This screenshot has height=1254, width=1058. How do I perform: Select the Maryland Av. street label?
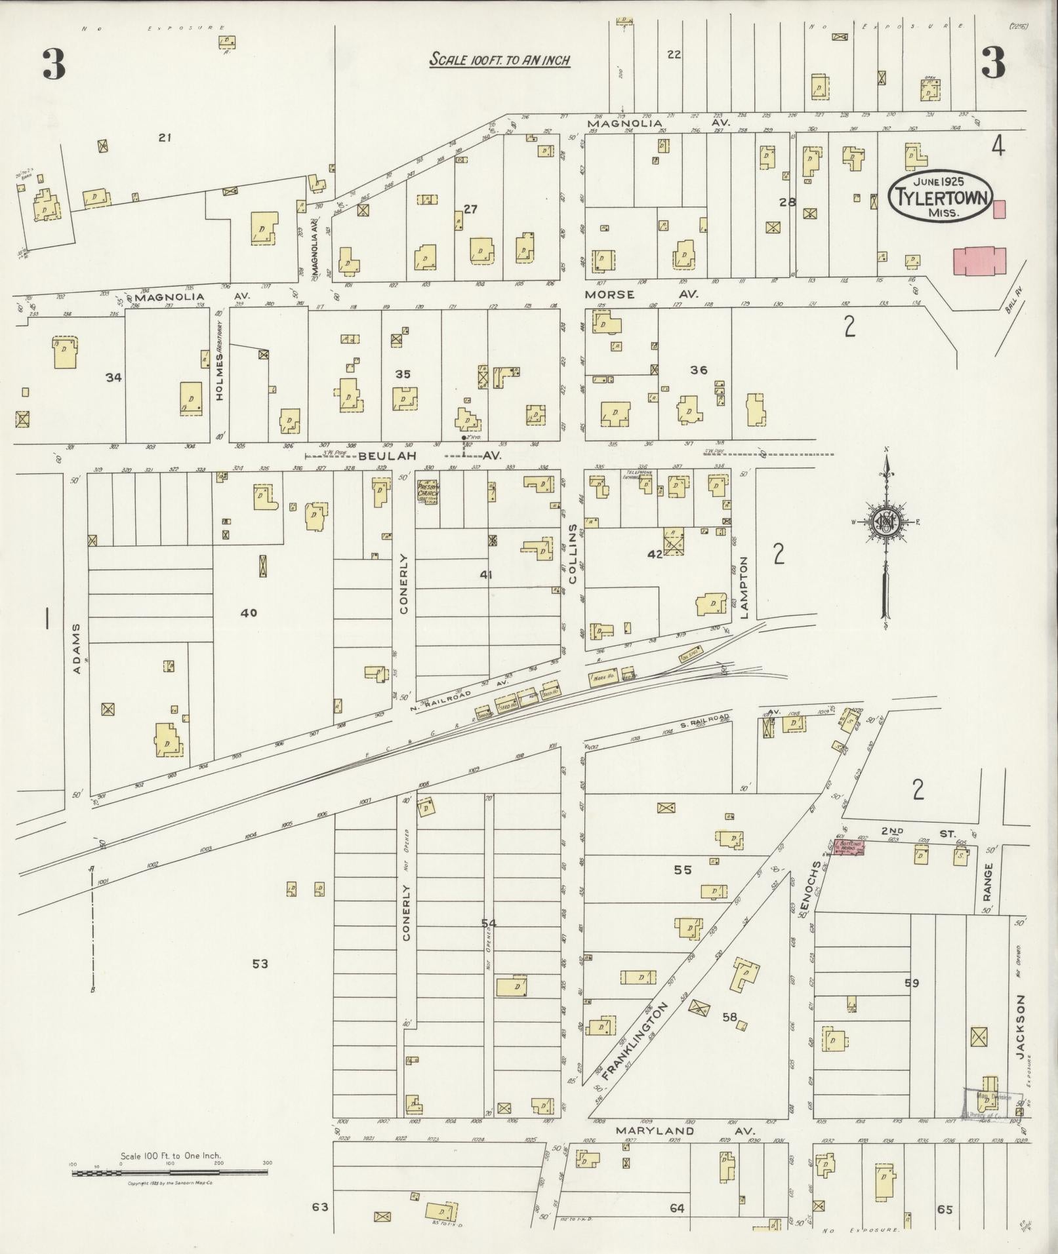pos(685,1131)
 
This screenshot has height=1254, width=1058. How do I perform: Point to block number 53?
pos(260,964)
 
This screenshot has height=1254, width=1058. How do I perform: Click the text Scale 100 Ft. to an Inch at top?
pos(499,60)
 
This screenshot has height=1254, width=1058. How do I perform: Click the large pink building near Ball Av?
pos(979,261)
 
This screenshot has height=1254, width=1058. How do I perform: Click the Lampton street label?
pos(744,587)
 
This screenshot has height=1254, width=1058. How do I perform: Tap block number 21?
pos(165,137)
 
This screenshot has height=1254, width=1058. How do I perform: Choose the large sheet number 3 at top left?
pos(54,64)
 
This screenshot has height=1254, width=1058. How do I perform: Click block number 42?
pos(655,554)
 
